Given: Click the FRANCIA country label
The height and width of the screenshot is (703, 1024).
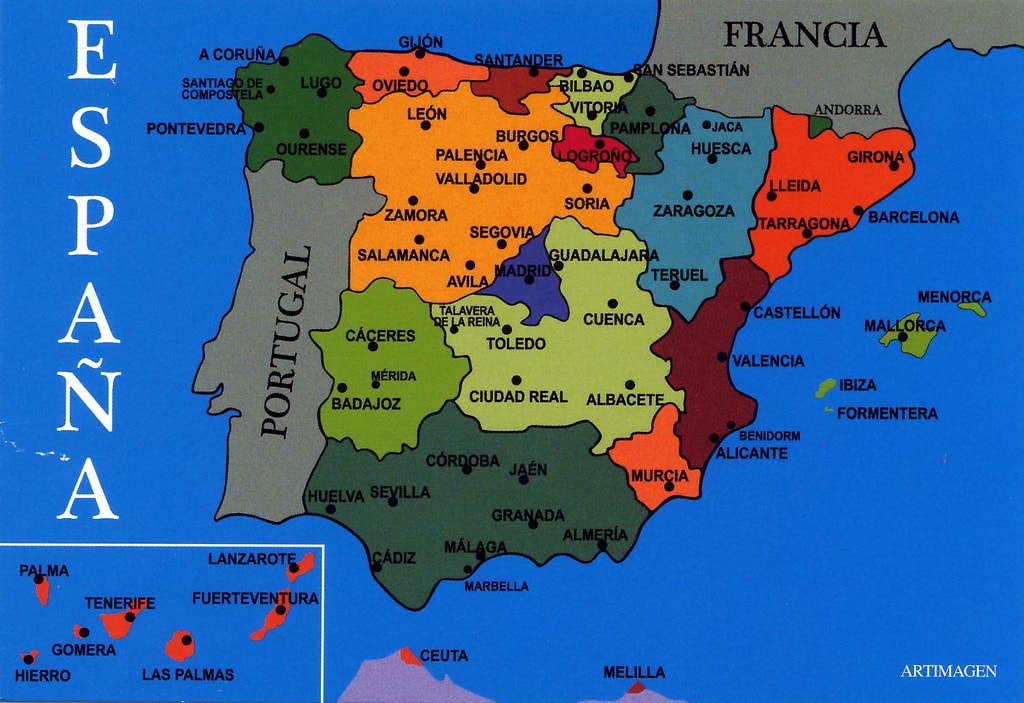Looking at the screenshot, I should [804, 36].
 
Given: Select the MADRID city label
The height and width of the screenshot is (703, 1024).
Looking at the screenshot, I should [523, 270].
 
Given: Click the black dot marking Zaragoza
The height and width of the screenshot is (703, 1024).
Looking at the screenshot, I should [687, 195].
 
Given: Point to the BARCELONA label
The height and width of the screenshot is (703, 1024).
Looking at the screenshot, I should [913, 217].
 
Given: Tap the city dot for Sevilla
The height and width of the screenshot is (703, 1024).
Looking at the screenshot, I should [393, 501].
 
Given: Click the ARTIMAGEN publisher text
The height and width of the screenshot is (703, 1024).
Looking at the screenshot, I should [948, 672].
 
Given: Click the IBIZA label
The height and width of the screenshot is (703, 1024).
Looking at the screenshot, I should [858, 385].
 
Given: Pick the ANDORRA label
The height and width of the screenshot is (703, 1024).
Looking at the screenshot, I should [847, 110].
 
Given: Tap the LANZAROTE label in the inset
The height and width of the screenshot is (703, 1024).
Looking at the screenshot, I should [252, 559].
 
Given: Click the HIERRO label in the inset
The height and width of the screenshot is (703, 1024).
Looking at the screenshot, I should [43, 676].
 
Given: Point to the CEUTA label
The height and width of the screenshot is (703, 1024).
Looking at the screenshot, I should [443, 656].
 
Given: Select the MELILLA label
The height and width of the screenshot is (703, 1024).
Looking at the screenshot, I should [634, 672].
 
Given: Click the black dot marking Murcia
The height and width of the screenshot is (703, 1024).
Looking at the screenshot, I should [669, 486].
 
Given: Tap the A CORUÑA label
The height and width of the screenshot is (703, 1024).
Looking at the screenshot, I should [237, 55].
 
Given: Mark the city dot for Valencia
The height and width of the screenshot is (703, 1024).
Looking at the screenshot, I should [722, 356].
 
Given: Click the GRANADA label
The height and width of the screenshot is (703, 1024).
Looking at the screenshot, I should [528, 516].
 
